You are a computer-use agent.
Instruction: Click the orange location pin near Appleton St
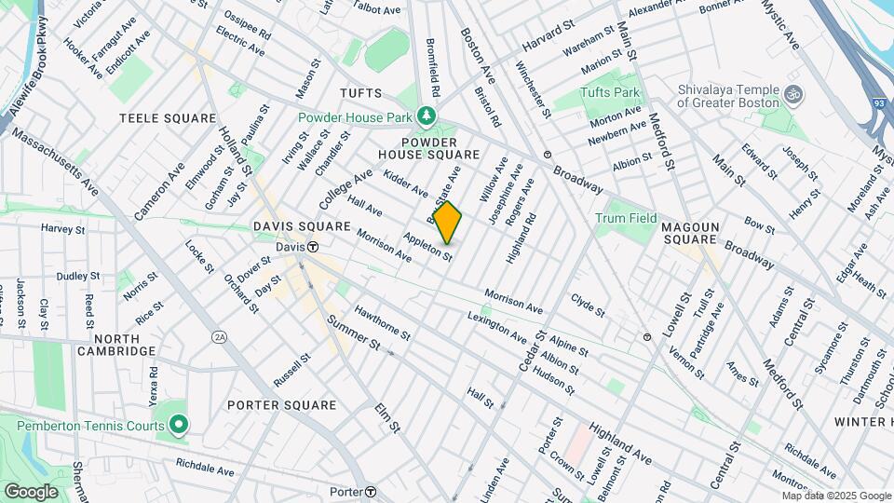(448, 222)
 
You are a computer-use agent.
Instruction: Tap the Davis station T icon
(314, 247)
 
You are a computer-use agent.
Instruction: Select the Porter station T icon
(370, 492)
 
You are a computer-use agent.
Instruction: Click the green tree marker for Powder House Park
(427, 116)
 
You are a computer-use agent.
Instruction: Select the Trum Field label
(626, 218)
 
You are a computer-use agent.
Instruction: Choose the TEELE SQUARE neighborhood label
(155, 118)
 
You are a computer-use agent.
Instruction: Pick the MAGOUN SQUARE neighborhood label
(699, 233)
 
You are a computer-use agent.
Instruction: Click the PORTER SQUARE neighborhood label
(281, 405)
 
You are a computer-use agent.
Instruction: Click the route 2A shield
(220, 336)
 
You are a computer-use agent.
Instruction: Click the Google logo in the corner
(31, 491)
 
